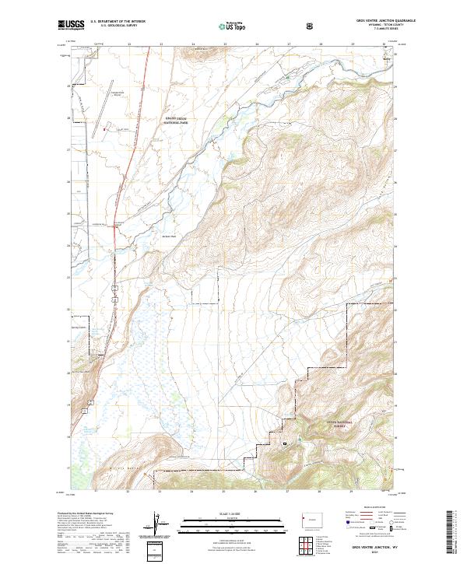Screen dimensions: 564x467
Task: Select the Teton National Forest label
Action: pos(339,423)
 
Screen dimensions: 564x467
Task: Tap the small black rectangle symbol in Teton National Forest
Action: pos(285,443)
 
